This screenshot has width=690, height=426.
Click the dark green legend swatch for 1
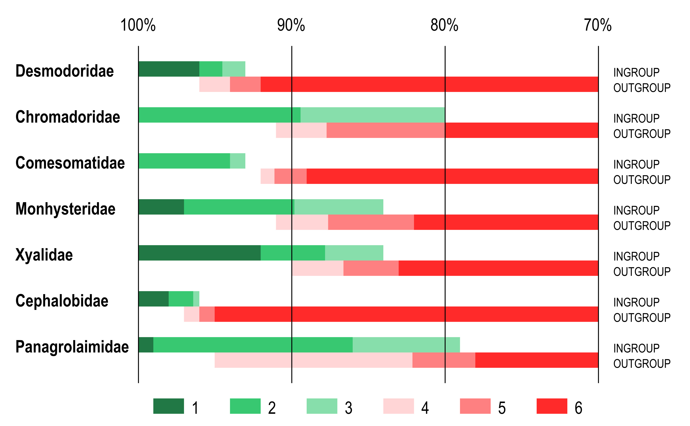(x=169, y=406)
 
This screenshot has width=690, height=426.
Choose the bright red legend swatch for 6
(x=552, y=406)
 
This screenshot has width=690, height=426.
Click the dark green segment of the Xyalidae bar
(x=199, y=253)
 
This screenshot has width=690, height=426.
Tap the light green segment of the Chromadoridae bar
(x=373, y=115)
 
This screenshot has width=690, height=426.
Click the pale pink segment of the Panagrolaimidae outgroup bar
(x=313, y=360)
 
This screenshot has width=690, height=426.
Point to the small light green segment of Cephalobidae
(x=196, y=299)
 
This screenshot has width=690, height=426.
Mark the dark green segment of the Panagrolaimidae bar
(x=146, y=345)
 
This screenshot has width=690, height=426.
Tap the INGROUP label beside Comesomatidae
(x=636, y=164)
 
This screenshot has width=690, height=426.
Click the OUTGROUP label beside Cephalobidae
(x=642, y=317)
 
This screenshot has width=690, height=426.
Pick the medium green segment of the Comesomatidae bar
(x=184, y=161)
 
